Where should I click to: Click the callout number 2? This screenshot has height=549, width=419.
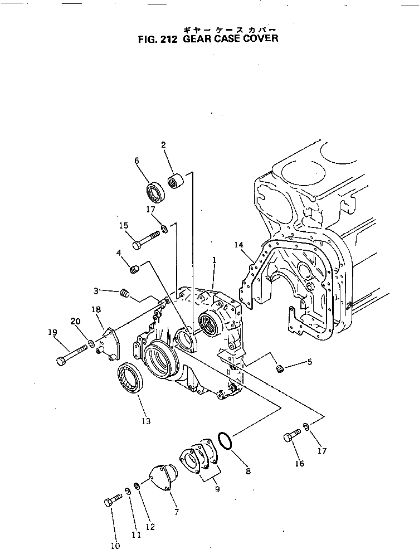click(163, 145)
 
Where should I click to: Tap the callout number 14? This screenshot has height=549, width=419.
click(239, 245)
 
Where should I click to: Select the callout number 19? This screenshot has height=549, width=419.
click(53, 332)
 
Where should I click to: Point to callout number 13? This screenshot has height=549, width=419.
click(146, 421)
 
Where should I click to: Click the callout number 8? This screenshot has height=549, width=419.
click(248, 471)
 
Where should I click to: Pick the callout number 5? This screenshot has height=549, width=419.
click(310, 362)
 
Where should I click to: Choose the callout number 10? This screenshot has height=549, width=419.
click(115, 546)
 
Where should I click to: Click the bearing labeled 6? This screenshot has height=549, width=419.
click(154, 192)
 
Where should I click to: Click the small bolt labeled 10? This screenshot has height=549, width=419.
click(112, 501)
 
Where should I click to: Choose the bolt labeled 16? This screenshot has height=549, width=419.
click(289, 436)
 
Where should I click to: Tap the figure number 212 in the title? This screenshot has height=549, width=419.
click(166, 39)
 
